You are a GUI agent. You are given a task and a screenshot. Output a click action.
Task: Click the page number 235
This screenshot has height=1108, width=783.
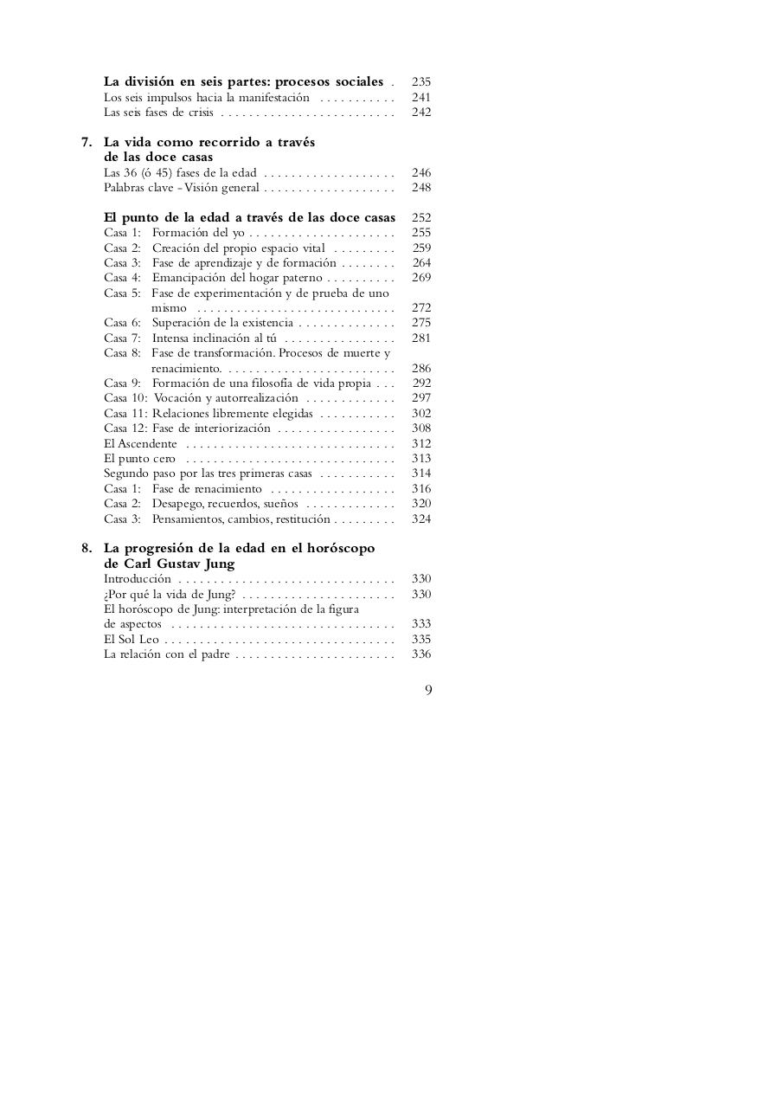pyautogui.click(x=421, y=82)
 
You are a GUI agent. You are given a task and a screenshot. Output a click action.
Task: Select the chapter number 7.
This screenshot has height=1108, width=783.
pyautogui.click(x=87, y=142)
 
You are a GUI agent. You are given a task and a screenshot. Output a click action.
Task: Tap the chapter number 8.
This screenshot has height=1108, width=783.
pyautogui.click(x=87, y=548)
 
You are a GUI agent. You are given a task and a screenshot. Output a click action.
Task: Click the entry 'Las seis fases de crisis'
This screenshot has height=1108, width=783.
pyautogui.click(x=158, y=113)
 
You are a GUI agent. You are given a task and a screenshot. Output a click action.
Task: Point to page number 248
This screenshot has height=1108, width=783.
pyautogui.click(x=421, y=188)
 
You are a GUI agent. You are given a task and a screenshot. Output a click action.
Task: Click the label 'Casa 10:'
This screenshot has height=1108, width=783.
pyautogui.click(x=125, y=398)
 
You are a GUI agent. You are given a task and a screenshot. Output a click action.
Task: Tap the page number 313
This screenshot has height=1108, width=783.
pyautogui.click(x=421, y=459)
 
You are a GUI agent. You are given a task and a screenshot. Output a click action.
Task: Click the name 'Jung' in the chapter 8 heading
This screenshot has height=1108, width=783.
pyautogui.click(x=219, y=564)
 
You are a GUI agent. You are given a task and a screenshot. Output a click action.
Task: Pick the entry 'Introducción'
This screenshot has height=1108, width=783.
pyautogui.click(x=138, y=579)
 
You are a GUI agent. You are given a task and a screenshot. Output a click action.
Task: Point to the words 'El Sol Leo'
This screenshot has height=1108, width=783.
pyautogui.click(x=132, y=640)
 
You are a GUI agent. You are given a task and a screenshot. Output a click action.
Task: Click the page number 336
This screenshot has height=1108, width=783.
pyautogui.click(x=421, y=654)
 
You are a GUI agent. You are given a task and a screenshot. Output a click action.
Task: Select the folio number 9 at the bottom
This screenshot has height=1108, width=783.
pyautogui.click(x=428, y=690)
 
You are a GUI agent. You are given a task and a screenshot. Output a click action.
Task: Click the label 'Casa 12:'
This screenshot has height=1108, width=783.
pyautogui.click(x=125, y=428)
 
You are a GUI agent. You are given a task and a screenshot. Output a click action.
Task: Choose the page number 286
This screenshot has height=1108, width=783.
pyautogui.click(x=421, y=369)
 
